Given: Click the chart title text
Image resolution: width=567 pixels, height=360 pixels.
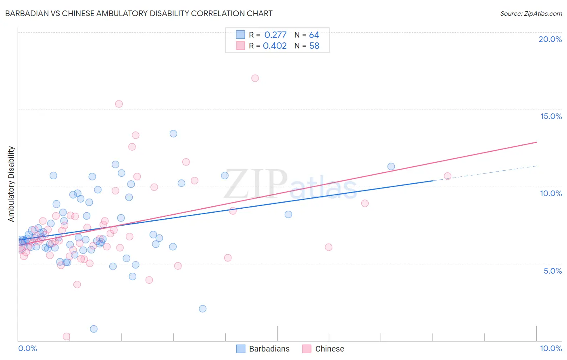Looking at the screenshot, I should click(x=139, y=13).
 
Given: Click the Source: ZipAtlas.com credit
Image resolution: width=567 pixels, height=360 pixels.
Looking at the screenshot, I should click(x=531, y=13).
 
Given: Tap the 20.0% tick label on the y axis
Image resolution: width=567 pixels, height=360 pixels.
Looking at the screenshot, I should click(x=550, y=39).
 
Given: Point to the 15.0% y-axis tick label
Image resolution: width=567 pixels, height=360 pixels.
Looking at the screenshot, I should click(x=551, y=116).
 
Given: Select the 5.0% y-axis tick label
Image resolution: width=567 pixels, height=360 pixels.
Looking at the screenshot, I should click(x=552, y=271).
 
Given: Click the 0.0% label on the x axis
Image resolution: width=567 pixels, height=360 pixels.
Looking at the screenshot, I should click(x=27, y=348).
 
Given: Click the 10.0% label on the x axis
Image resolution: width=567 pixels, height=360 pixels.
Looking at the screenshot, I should click(x=550, y=348).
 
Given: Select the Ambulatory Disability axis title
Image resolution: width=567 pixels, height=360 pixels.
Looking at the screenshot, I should click(x=11, y=184).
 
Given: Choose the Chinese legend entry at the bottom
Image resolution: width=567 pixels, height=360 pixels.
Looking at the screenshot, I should click(x=323, y=349).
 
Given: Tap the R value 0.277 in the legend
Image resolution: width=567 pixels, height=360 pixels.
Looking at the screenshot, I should click(x=275, y=35).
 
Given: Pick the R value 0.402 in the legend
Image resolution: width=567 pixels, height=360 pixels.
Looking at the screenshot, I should click(x=275, y=46).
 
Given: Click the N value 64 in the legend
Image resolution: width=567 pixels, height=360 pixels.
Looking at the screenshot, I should click(x=314, y=35).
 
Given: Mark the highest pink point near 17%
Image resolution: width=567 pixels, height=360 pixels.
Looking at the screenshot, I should click(x=255, y=78).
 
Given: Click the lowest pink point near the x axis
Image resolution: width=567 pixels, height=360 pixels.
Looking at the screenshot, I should click(x=67, y=337).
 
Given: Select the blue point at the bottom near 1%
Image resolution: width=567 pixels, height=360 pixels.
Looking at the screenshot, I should click(x=94, y=329).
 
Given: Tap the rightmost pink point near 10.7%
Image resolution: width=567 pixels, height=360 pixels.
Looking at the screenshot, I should click(x=447, y=176).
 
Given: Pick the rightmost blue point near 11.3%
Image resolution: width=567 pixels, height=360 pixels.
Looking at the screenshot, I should click(x=391, y=167).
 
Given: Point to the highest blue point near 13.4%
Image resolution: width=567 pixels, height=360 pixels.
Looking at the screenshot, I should click(x=173, y=134).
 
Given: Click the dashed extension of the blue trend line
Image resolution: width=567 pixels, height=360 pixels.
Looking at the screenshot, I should click(x=484, y=173).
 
